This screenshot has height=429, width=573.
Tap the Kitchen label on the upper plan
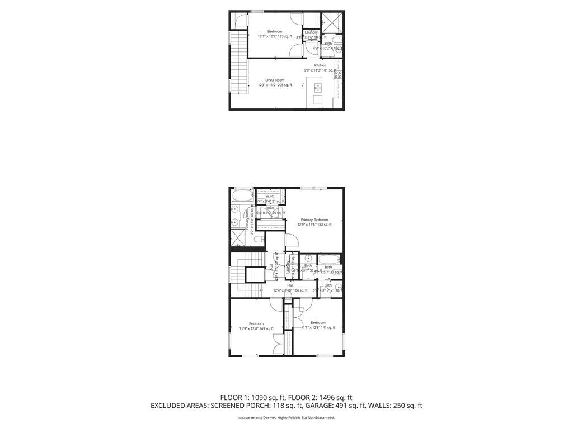[320, 65]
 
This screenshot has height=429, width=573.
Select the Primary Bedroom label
[314, 220]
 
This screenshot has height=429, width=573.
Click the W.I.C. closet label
[269, 196]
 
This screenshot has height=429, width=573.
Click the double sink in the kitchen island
[317, 87]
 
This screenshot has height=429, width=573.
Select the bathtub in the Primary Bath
[241, 198]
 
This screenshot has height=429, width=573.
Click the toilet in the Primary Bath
[258, 240]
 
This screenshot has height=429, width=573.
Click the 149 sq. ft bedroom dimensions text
[256, 329]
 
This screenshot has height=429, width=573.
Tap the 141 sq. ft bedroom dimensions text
[318, 328]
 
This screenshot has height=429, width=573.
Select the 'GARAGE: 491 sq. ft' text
[342, 406]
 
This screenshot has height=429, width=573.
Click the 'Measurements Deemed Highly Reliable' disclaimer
[286, 417]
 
